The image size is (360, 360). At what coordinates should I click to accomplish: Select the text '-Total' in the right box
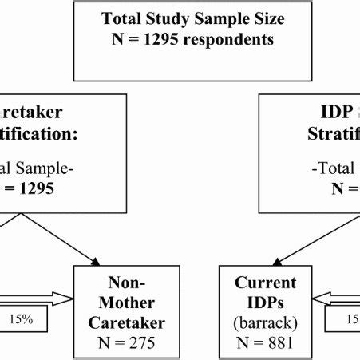[x=327, y=169]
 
